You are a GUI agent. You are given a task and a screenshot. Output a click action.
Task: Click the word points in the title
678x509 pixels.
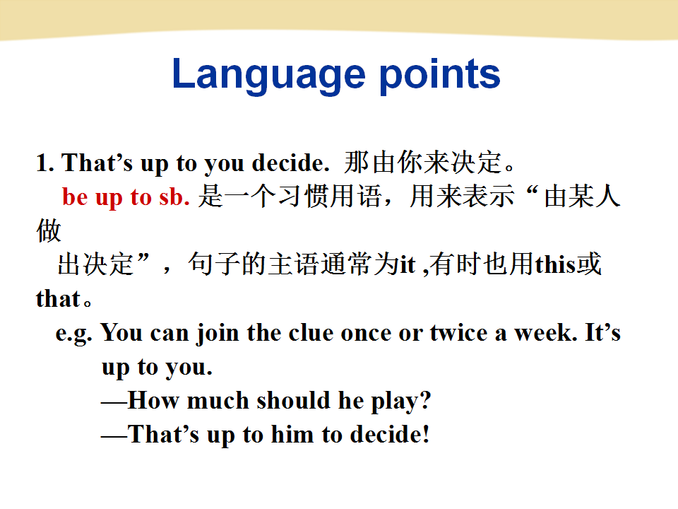pyautogui.click(x=440, y=74)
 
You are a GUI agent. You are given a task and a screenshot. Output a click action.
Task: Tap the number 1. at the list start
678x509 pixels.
pyautogui.click(x=45, y=163)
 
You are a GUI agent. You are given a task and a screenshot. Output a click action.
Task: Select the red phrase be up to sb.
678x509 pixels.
pyautogui.click(x=126, y=197)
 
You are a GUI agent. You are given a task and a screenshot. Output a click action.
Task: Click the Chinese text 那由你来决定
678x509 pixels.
pyautogui.click(x=423, y=163)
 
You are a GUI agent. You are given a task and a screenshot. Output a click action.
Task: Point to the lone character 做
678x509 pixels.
pyautogui.click(x=49, y=230)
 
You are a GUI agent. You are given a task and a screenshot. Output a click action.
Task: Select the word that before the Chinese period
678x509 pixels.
pyautogui.click(x=58, y=298)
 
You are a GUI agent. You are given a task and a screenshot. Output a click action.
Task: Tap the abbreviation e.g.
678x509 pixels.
pyautogui.click(x=74, y=333)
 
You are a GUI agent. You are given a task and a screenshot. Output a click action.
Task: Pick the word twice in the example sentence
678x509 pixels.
pyautogui.click(x=459, y=333)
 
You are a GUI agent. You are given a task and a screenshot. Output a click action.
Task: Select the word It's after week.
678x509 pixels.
pyautogui.click(x=603, y=332)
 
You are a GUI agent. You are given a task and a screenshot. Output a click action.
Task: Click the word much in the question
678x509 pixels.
pyautogui.click(x=218, y=400)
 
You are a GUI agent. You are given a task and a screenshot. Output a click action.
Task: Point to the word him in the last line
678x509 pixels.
pyautogui.click(x=292, y=434)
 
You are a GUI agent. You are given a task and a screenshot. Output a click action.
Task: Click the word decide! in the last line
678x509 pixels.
pyautogui.click(x=390, y=434)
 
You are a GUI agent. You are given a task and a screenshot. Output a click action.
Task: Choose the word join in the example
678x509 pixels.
pyautogui.click(x=218, y=334)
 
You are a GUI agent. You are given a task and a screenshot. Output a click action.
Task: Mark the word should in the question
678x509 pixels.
pyautogui.click(x=293, y=400)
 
